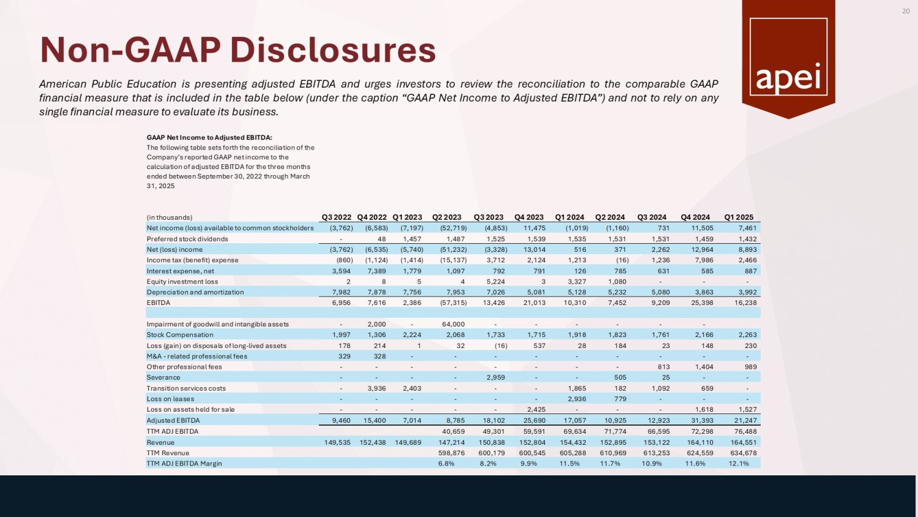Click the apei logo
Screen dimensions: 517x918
(x=788, y=57)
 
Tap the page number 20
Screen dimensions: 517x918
(x=906, y=11)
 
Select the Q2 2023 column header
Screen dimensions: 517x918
(x=447, y=217)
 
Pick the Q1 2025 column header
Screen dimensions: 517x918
(x=739, y=217)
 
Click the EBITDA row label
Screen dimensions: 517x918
(x=159, y=303)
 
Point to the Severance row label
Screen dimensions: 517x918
(x=163, y=377)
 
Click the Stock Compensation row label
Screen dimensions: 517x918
(x=180, y=335)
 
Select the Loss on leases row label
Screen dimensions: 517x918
(x=170, y=399)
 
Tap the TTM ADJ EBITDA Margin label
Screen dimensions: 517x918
(x=184, y=464)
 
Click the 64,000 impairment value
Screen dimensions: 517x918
(x=453, y=324)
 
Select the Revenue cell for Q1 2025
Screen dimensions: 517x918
(x=742, y=442)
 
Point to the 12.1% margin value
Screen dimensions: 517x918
(x=739, y=464)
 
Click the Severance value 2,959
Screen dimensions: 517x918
(x=496, y=377)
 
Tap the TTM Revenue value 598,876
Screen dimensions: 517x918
(x=452, y=453)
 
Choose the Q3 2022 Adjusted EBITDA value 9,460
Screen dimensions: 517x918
(x=341, y=421)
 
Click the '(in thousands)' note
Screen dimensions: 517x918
(x=170, y=217)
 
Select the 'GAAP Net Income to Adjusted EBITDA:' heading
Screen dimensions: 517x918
(x=209, y=138)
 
